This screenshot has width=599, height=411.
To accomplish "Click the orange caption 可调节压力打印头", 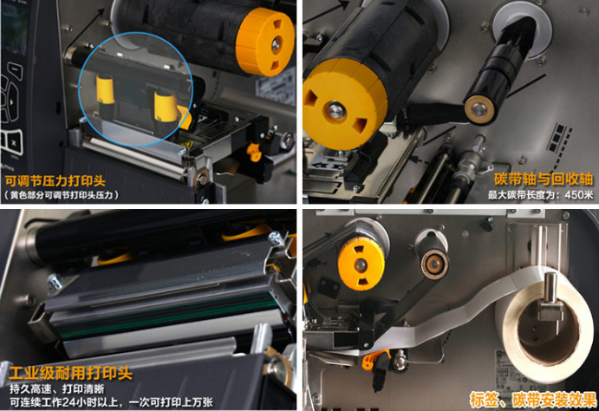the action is click(x=55, y=180).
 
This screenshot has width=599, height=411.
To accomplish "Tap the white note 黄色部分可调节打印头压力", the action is click(x=62, y=195).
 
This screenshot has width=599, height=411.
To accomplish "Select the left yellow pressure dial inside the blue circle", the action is click(x=105, y=91).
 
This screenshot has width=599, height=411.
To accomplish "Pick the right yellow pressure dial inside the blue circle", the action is click(x=166, y=108).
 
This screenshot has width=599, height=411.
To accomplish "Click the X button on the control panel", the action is click(x=14, y=143).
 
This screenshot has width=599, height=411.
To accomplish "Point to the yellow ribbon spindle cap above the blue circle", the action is click(x=265, y=42).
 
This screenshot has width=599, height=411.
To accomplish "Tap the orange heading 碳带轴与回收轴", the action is click(x=544, y=179).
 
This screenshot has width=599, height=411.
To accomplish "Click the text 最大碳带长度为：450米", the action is click(x=540, y=194).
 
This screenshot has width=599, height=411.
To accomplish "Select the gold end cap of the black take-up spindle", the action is click(x=479, y=109).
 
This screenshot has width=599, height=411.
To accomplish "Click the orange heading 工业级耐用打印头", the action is click(x=71, y=373).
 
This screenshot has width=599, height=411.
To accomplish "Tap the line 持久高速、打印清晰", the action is click(x=56, y=388).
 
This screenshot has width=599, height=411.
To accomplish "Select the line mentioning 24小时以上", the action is click(x=111, y=402).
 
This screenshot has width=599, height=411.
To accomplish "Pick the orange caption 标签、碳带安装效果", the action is click(x=533, y=400).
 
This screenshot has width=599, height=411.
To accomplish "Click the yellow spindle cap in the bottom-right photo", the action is click(x=361, y=263).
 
